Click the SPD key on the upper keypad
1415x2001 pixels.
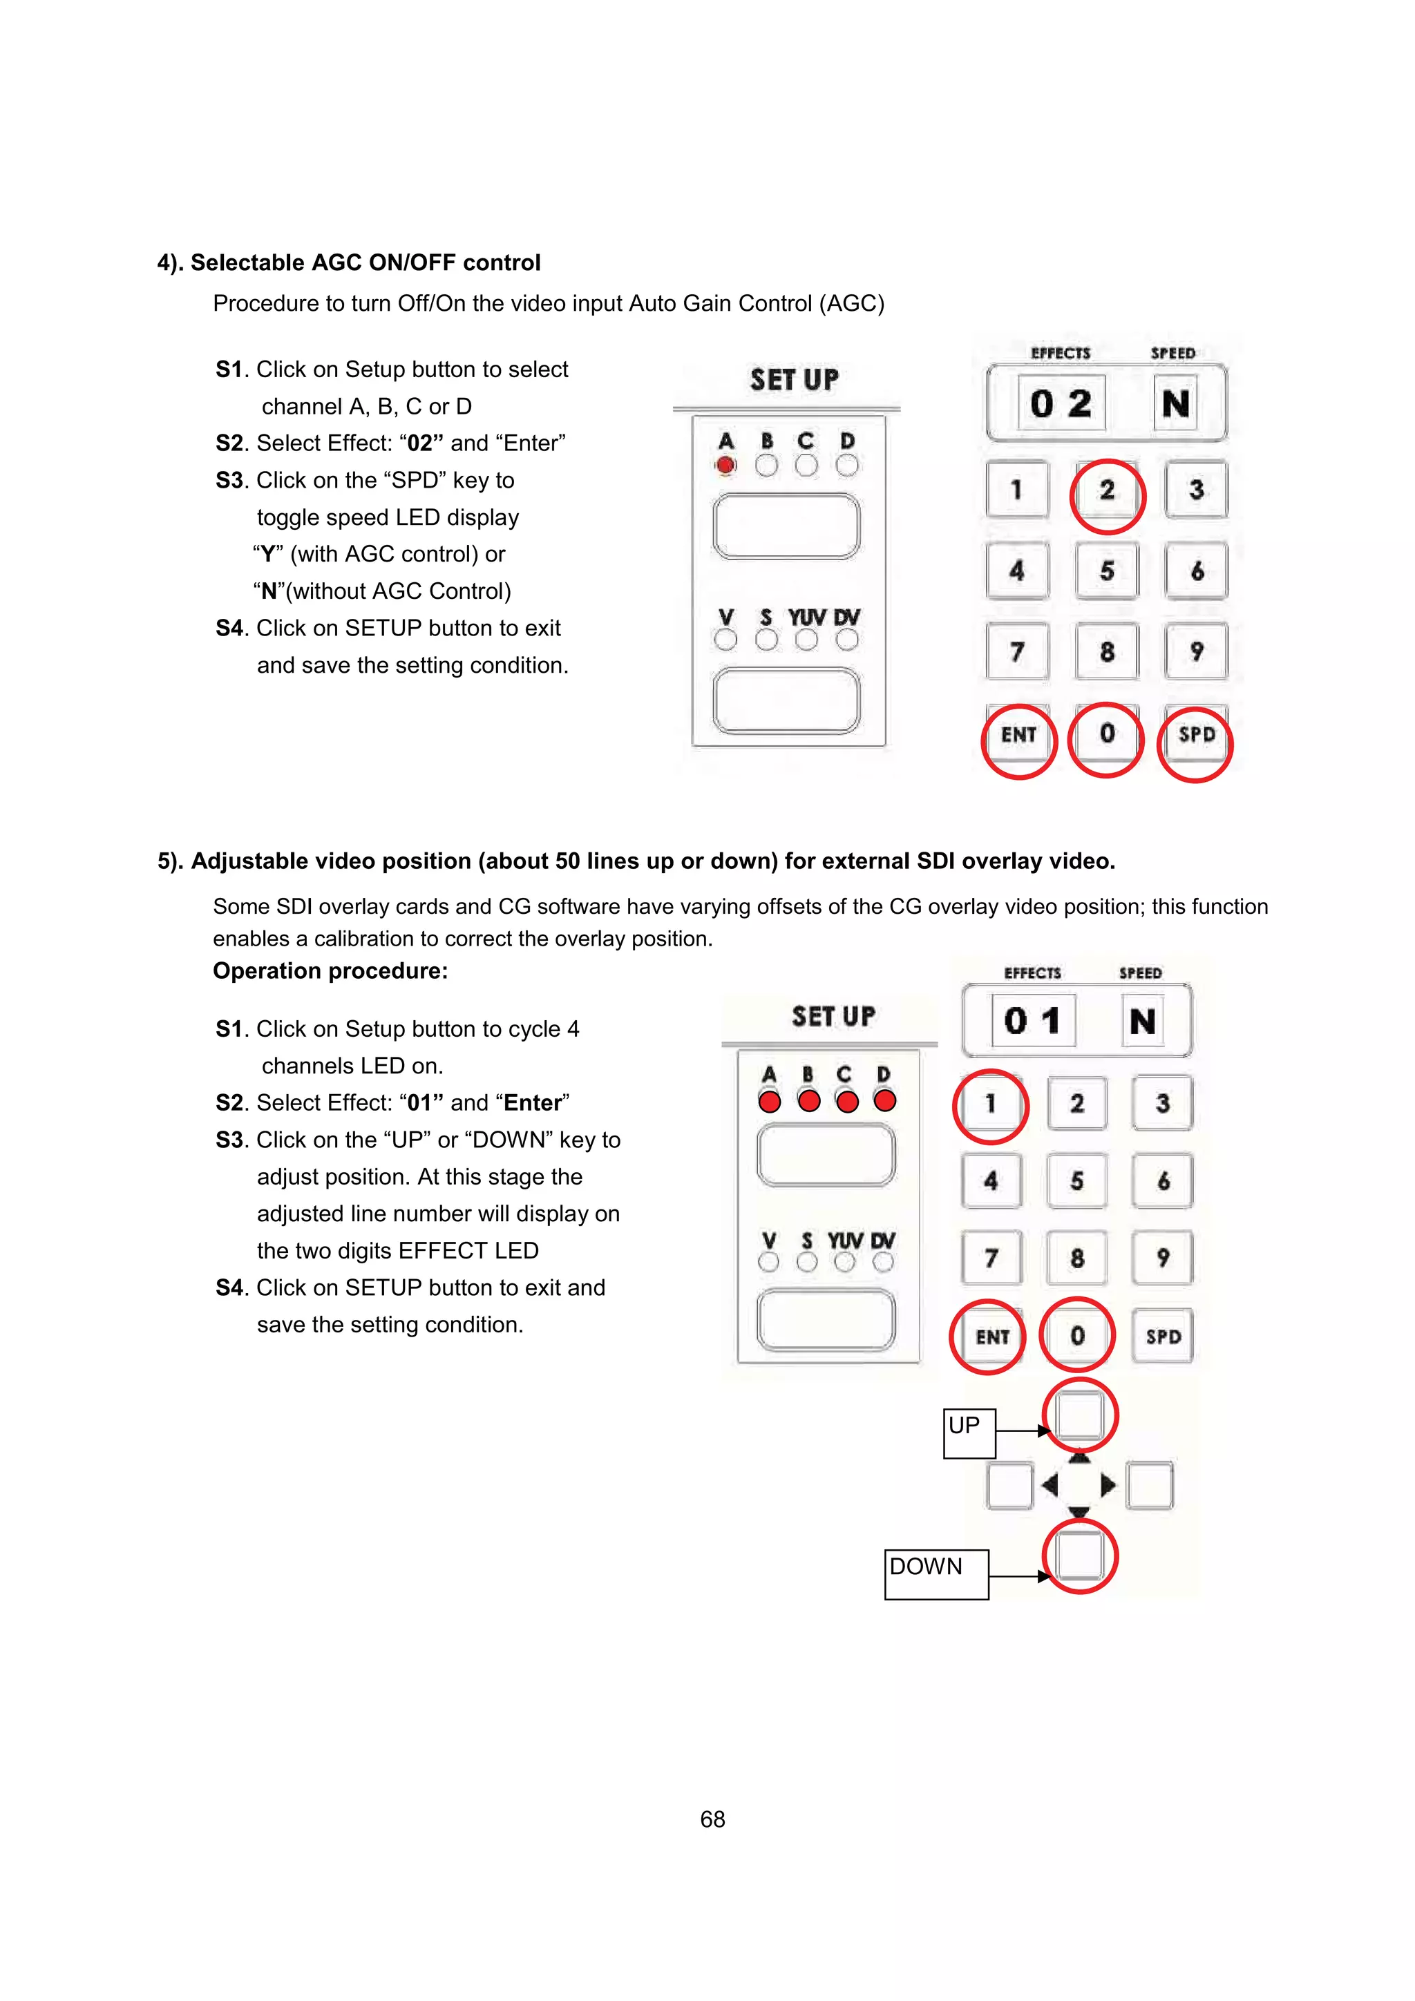point(1196,735)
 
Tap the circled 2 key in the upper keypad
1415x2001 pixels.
point(1106,490)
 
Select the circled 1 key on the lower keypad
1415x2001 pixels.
point(990,1104)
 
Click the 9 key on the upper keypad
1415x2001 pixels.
point(1196,652)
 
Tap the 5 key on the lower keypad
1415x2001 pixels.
point(1076,1181)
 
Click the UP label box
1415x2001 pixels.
point(969,1432)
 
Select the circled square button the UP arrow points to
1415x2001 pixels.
point(1079,1415)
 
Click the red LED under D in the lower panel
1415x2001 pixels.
point(884,1101)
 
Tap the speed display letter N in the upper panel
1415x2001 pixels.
point(1175,403)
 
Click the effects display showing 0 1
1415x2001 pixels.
point(1032,1021)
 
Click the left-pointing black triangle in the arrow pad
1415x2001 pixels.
point(1050,1484)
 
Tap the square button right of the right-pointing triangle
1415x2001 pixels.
point(1149,1485)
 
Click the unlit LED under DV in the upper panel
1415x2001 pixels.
point(846,640)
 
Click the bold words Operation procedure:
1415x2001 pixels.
point(330,971)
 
